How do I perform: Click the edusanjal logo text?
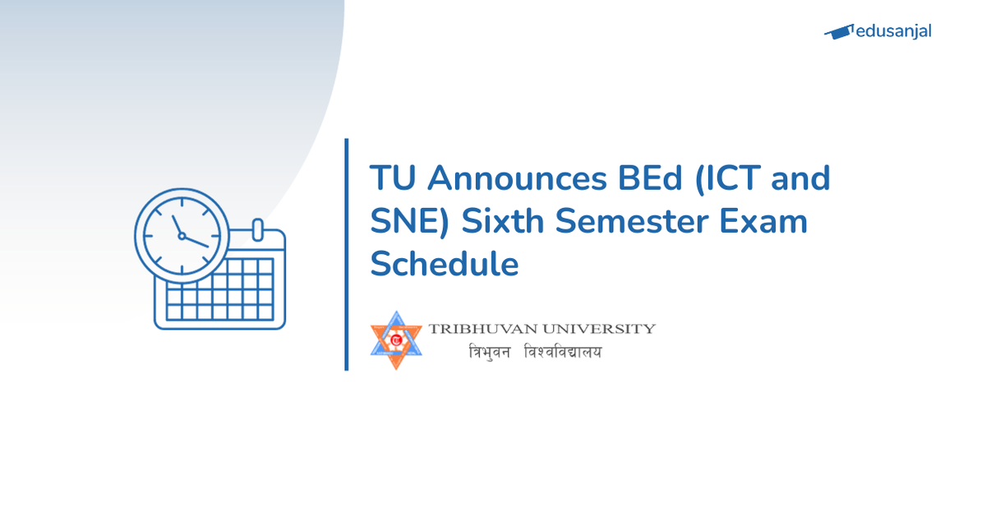(893, 32)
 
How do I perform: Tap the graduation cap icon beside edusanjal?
(839, 32)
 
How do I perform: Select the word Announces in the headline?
(506, 178)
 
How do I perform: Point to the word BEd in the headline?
(641, 178)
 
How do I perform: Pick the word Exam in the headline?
(765, 222)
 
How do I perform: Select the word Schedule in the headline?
(445, 266)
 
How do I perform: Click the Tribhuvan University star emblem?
(396, 340)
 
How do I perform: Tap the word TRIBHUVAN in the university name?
(480, 329)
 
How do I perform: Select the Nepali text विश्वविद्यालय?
(563, 352)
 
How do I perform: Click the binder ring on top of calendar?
(257, 228)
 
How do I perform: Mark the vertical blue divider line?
(347, 254)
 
